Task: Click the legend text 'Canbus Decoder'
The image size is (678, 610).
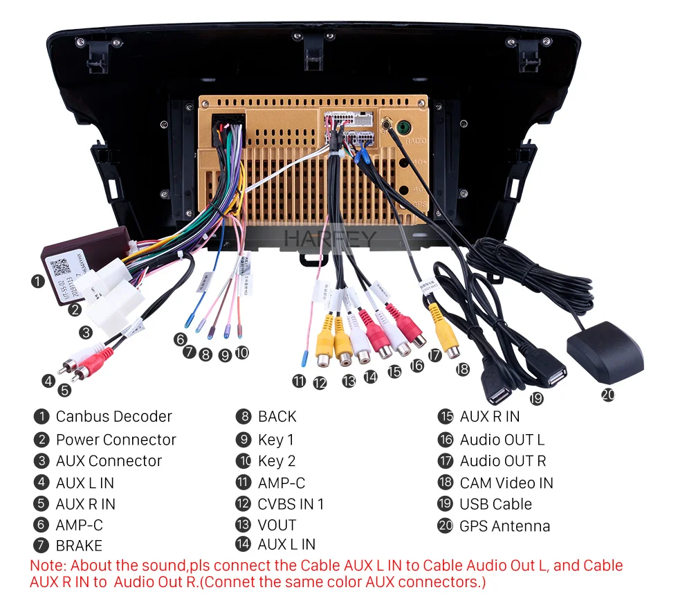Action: coord(113,417)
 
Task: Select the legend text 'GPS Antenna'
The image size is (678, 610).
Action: coord(504,526)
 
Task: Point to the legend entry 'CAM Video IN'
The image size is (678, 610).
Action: coord(506,483)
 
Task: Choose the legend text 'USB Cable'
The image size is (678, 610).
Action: coord(495,505)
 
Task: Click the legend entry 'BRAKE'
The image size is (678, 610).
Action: coord(79,546)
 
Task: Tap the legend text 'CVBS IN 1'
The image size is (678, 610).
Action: coord(291,505)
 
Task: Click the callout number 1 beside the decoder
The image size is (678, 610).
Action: coord(38,281)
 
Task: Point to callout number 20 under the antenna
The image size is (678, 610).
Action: coord(607,395)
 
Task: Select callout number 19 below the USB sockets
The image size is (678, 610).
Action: coord(536,398)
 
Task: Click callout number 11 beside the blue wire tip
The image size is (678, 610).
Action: coord(298,380)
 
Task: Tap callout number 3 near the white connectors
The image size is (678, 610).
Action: coord(85,332)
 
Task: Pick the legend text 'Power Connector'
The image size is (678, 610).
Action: coord(116,440)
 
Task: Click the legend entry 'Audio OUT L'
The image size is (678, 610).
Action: coord(502,440)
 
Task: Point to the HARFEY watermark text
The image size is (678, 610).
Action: coord(330,239)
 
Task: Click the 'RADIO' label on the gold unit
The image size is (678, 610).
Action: coord(416,141)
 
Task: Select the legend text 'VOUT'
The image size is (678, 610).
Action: coord(277,526)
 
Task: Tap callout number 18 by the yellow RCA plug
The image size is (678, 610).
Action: coord(462,370)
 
